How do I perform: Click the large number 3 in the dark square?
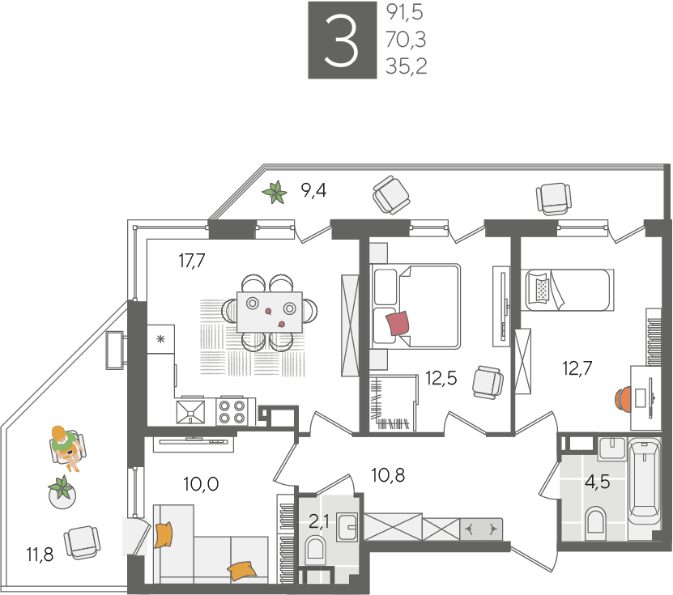pyautogui.click(x=342, y=40)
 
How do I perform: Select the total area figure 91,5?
pyautogui.click(x=405, y=12)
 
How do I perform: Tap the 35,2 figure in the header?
pyautogui.click(x=406, y=66)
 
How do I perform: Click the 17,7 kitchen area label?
pyautogui.click(x=192, y=261)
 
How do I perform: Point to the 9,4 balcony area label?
pyautogui.click(x=313, y=190)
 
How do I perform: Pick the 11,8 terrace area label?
pyautogui.click(x=40, y=555)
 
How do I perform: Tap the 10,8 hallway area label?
pyautogui.click(x=388, y=475)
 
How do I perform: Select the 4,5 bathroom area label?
pyautogui.click(x=597, y=482)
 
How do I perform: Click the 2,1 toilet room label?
pyautogui.click(x=319, y=521)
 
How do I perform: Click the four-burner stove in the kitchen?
pyautogui.click(x=232, y=412)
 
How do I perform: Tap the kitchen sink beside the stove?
pyautogui.click(x=190, y=412)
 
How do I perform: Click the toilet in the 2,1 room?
pyautogui.click(x=316, y=550)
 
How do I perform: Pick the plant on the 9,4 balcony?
pyautogui.click(x=275, y=192)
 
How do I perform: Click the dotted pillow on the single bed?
pyautogui.click(x=543, y=290)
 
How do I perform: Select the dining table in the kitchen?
pyautogui.click(x=270, y=312)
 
